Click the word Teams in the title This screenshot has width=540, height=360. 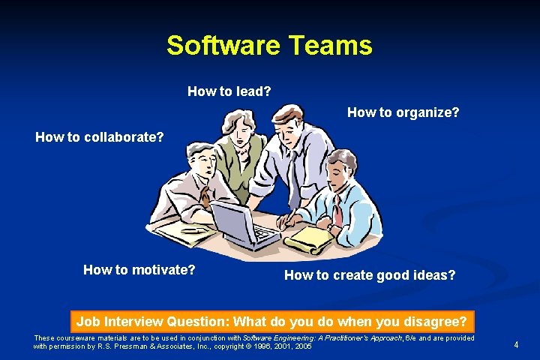coord(331,46)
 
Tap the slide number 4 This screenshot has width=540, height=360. coord(516,345)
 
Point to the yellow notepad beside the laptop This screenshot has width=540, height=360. coord(307,240)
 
